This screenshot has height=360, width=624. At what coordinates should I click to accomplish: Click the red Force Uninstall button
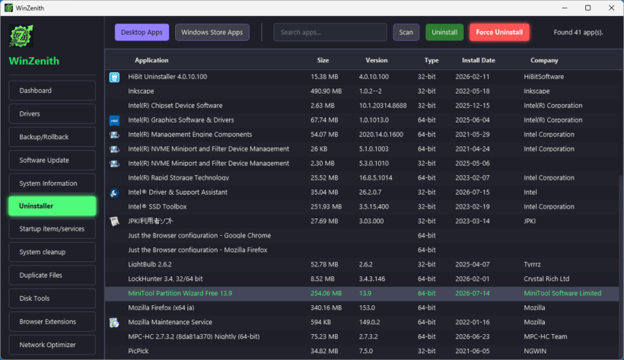coord(499,32)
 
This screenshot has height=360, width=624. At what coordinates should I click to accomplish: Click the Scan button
coord(406,32)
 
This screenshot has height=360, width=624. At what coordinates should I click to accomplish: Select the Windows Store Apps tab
coord(212,32)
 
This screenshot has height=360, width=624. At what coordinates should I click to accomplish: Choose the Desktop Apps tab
coord(142,32)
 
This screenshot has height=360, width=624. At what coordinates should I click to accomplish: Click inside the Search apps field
coord(330,32)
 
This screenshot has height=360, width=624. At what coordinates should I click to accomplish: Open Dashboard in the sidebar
coord(53,91)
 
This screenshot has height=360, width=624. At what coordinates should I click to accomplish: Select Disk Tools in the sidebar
coord(53,298)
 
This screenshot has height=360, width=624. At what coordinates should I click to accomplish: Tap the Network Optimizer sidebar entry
coord(53,345)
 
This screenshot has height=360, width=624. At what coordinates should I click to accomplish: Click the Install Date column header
coord(479,60)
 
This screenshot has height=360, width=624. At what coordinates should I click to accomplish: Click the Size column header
coord(323,60)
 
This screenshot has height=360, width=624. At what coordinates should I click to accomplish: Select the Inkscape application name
coord(141,91)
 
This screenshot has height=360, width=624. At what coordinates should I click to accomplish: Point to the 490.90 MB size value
coord(326,91)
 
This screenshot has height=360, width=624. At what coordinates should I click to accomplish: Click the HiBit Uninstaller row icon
coord(114,77)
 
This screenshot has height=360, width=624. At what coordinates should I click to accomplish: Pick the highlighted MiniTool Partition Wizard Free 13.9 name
coord(180,293)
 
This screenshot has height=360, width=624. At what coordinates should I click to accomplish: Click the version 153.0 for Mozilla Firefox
coord(367,307)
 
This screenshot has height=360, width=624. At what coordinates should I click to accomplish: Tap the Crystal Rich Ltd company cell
coord(546,279)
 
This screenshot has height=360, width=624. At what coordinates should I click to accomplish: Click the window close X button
coord(611,8)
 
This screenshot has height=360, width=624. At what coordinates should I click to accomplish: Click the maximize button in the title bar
coord(587,8)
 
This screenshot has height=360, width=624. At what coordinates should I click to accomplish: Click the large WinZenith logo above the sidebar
coord(21,37)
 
